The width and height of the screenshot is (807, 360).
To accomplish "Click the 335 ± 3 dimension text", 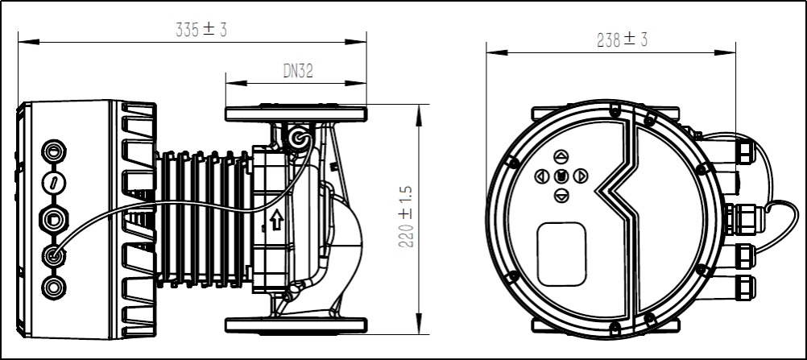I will [201, 30].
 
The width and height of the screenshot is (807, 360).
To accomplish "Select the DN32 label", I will [297, 72].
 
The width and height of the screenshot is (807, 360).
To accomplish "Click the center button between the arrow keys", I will [561, 176].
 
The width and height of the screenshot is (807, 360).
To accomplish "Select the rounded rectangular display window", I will [561, 254].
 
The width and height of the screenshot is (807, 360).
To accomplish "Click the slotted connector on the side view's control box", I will [54, 183].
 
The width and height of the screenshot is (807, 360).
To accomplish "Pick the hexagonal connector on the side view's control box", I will [54, 218].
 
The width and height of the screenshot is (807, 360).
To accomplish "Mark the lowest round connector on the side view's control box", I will [54, 288].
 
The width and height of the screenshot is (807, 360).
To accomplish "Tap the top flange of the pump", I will [296, 114].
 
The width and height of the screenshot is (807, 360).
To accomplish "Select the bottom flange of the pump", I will [296, 325].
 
